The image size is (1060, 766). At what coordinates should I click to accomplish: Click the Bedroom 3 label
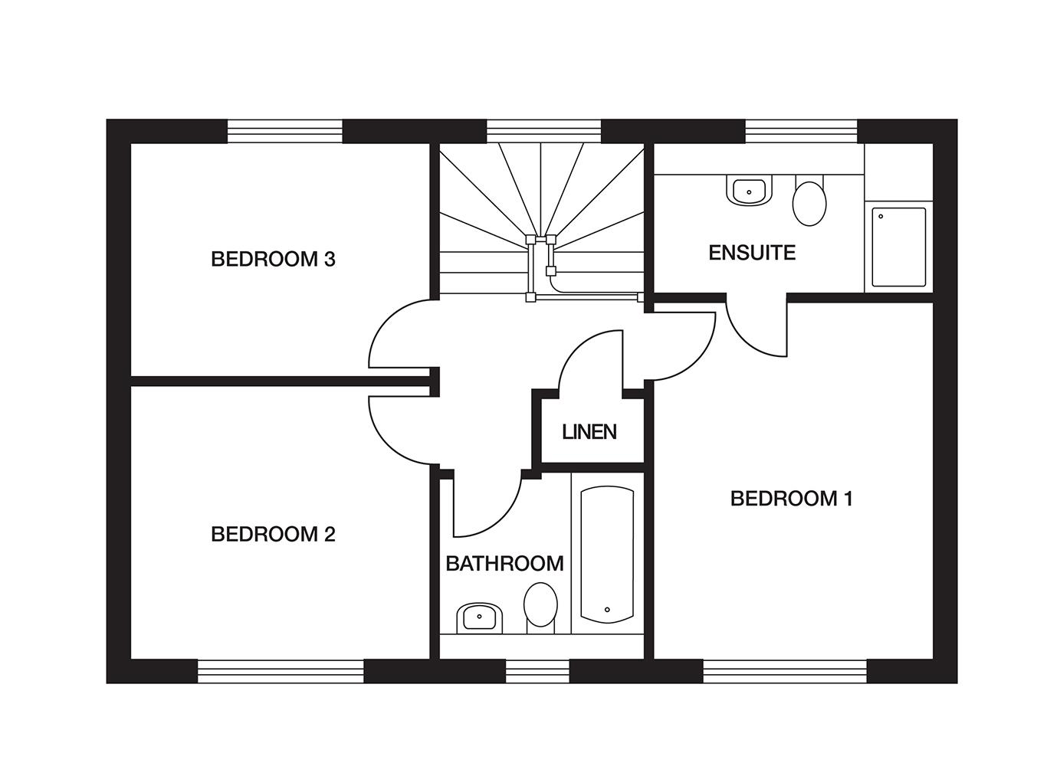point(273,259)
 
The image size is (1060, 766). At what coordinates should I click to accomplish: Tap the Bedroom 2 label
point(273,535)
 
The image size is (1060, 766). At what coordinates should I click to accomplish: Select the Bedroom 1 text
point(792,499)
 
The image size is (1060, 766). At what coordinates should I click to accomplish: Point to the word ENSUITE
point(752,253)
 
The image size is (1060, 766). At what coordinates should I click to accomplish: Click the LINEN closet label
point(589,432)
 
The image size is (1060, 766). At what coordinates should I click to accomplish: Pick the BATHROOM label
point(505,564)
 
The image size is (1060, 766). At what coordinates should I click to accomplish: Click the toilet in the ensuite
point(809,201)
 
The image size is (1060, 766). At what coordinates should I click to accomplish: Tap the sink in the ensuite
point(749,191)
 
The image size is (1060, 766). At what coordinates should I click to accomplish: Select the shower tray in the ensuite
point(898,247)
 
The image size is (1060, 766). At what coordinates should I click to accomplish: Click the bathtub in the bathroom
point(607,555)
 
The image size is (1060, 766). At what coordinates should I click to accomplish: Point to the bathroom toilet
point(540,607)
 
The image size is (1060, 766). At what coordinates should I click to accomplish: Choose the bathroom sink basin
point(479,618)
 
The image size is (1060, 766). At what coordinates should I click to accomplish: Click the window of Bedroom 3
point(285,131)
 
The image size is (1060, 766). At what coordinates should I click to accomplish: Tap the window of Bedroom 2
point(281,672)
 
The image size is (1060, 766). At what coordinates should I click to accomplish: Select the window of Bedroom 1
point(785,672)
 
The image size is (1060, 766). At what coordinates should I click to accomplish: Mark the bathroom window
point(537,672)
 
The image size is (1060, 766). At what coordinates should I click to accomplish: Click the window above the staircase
point(543,131)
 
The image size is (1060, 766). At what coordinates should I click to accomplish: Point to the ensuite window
point(801,131)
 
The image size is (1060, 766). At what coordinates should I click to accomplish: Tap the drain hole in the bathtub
point(607,610)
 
